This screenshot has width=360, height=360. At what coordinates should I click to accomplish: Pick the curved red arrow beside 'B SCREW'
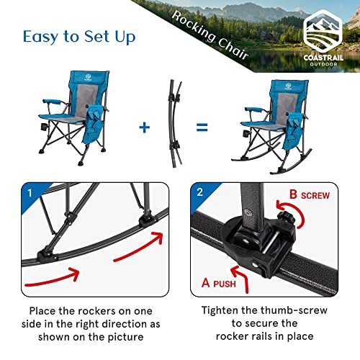[x=302, y=216]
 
